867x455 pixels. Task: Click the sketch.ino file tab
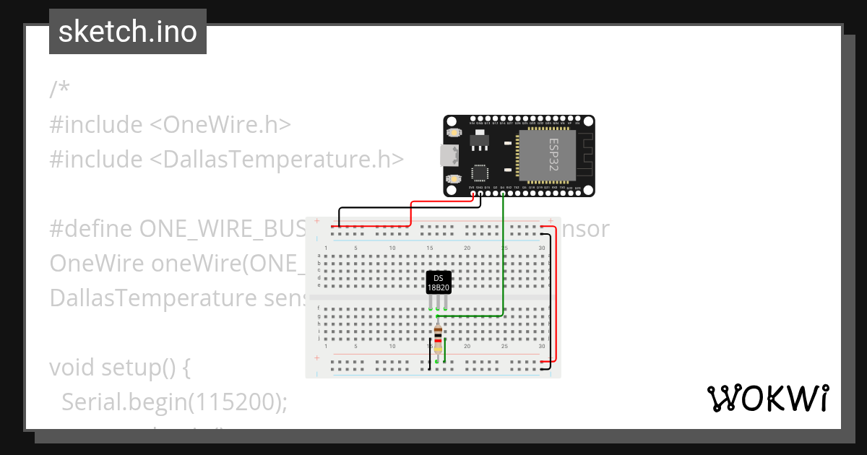pyautogui.click(x=128, y=32)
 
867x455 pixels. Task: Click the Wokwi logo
pyautogui.click(x=767, y=398)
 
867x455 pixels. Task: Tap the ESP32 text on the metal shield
pyautogui.click(x=553, y=155)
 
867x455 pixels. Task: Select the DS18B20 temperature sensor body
pyautogui.click(x=439, y=283)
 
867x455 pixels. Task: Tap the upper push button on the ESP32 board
pyautogui.click(x=454, y=133)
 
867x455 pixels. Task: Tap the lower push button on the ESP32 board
pyautogui.click(x=454, y=178)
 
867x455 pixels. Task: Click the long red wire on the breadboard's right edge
pyautogui.click(x=556, y=296)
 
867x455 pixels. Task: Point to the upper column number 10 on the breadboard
pyautogui.click(x=392, y=248)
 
